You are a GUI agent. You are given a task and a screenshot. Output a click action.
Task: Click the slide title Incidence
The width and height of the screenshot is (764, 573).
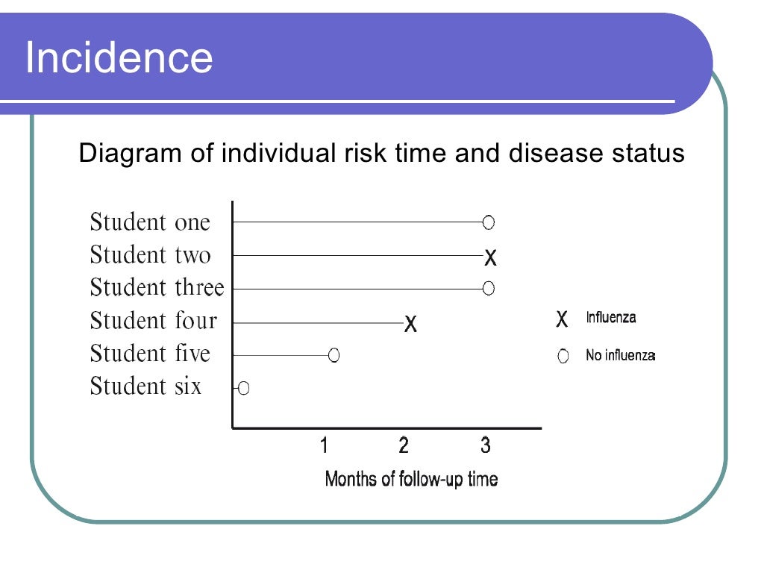pyautogui.click(x=119, y=57)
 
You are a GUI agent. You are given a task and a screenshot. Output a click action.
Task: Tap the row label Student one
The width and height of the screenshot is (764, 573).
pyautogui.click(x=150, y=222)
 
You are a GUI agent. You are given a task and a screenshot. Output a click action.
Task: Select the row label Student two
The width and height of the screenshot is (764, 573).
pyautogui.click(x=150, y=255)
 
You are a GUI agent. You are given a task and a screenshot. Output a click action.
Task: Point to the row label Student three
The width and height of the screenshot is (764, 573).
pyautogui.click(x=157, y=288)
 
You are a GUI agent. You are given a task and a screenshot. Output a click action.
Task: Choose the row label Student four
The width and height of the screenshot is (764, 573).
pyautogui.click(x=153, y=321)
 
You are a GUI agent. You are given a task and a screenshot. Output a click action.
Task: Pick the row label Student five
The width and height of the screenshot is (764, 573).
pyautogui.click(x=150, y=354)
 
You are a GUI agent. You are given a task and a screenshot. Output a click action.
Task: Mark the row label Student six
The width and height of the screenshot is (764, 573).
pyautogui.click(x=145, y=386)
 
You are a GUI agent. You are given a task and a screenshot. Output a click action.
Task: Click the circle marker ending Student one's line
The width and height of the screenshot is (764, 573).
pyautogui.click(x=488, y=222)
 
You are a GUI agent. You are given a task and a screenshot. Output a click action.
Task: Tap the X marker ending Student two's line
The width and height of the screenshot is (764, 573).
pyautogui.click(x=490, y=258)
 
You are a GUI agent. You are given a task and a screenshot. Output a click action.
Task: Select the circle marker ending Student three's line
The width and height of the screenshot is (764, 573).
pyautogui.click(x=488, y=288)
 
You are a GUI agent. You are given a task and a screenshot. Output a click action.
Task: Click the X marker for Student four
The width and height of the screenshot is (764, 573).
pyautogui.click(x=410, y=324)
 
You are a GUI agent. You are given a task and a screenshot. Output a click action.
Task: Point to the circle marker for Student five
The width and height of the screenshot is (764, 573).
pyautogui.click(x=334, y=355)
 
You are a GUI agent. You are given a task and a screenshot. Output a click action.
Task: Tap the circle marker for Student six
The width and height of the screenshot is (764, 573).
pyautogui.click(x=243, y=388)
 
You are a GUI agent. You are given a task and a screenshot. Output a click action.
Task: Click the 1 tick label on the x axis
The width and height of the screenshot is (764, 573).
pyautogui.click(x=324, y=445)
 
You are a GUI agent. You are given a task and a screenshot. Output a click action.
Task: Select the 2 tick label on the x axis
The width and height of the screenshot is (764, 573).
pyautogui.click(x=404, y=445)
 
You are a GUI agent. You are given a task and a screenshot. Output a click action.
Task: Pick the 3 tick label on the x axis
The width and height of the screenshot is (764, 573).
pyautogui.click(x=485, y=445)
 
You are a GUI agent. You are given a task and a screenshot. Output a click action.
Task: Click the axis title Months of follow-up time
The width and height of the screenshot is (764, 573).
pyautogui.click(x=411, y=479)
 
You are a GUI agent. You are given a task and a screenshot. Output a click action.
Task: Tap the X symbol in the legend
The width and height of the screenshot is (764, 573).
pyautogui.click(x=562, y=319)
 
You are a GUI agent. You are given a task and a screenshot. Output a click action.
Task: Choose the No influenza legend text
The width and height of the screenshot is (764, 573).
pyautogui.click(x=620, y=356)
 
